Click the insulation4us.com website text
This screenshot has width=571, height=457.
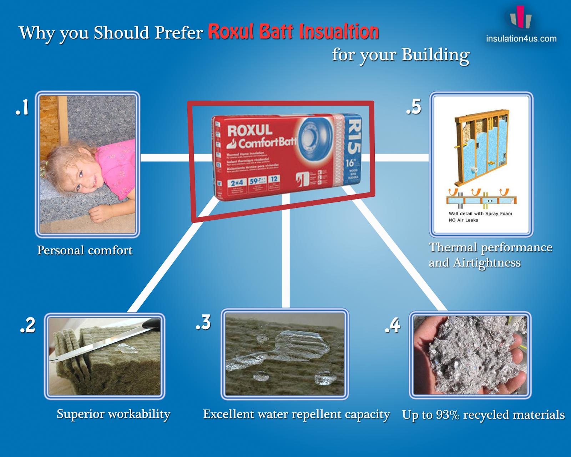521,39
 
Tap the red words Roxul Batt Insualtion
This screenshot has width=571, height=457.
293,32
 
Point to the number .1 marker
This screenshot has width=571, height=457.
22,107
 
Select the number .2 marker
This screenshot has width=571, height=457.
28,325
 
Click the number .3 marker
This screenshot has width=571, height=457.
203,322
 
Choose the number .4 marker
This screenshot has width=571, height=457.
393,325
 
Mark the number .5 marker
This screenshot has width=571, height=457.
414,107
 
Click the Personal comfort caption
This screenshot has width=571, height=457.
85,250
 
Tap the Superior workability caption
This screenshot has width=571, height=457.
113,414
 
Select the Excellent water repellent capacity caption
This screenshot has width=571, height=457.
296,414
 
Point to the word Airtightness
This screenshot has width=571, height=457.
487,263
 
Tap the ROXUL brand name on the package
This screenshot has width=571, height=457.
250,131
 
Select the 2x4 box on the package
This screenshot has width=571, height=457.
237,183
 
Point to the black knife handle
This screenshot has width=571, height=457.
151,323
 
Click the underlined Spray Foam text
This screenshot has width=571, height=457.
499,214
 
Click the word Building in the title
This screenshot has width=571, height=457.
435,55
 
